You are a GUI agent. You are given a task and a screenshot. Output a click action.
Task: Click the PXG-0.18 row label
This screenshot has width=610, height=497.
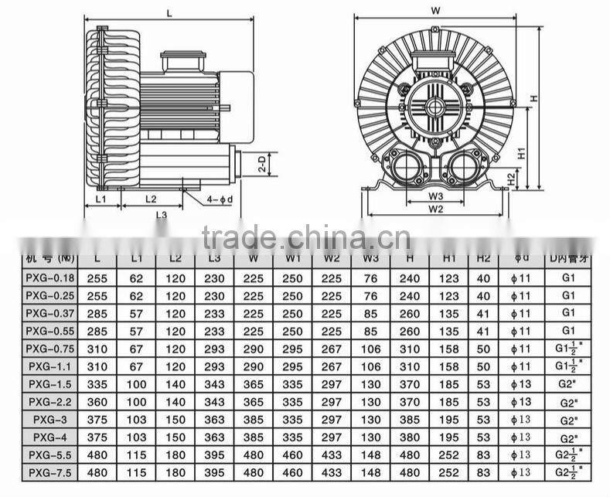(50, 277)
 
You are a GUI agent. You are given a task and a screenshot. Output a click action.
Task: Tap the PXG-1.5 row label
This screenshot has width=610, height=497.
(50, 384)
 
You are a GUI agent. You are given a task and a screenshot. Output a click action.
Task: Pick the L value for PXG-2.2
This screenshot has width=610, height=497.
(97, 402)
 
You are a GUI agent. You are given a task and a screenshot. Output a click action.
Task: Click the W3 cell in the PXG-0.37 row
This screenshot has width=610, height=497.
(370, 313)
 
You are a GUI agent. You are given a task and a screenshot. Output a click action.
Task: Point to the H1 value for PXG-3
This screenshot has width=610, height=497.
(449, 419)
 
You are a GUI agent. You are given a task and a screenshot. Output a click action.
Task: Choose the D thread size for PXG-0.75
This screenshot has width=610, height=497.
(568, 349)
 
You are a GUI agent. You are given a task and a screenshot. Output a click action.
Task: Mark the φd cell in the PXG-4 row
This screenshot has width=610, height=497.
(523, 437)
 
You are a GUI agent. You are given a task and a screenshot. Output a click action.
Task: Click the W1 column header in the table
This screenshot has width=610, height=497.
(292, 258)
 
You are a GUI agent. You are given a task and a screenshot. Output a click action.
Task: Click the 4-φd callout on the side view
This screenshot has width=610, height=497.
(220, 199)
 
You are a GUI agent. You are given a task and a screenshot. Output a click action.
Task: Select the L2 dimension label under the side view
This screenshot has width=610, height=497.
(151, 199)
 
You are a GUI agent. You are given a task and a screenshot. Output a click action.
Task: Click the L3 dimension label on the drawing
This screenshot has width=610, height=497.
(161, 215)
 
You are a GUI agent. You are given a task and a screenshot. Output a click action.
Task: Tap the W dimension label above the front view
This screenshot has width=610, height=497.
(435, 11)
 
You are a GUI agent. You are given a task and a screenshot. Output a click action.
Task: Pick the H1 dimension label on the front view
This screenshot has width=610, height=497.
(521, 152)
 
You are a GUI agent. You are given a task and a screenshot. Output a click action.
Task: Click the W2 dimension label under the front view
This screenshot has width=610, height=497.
(435, 209)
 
